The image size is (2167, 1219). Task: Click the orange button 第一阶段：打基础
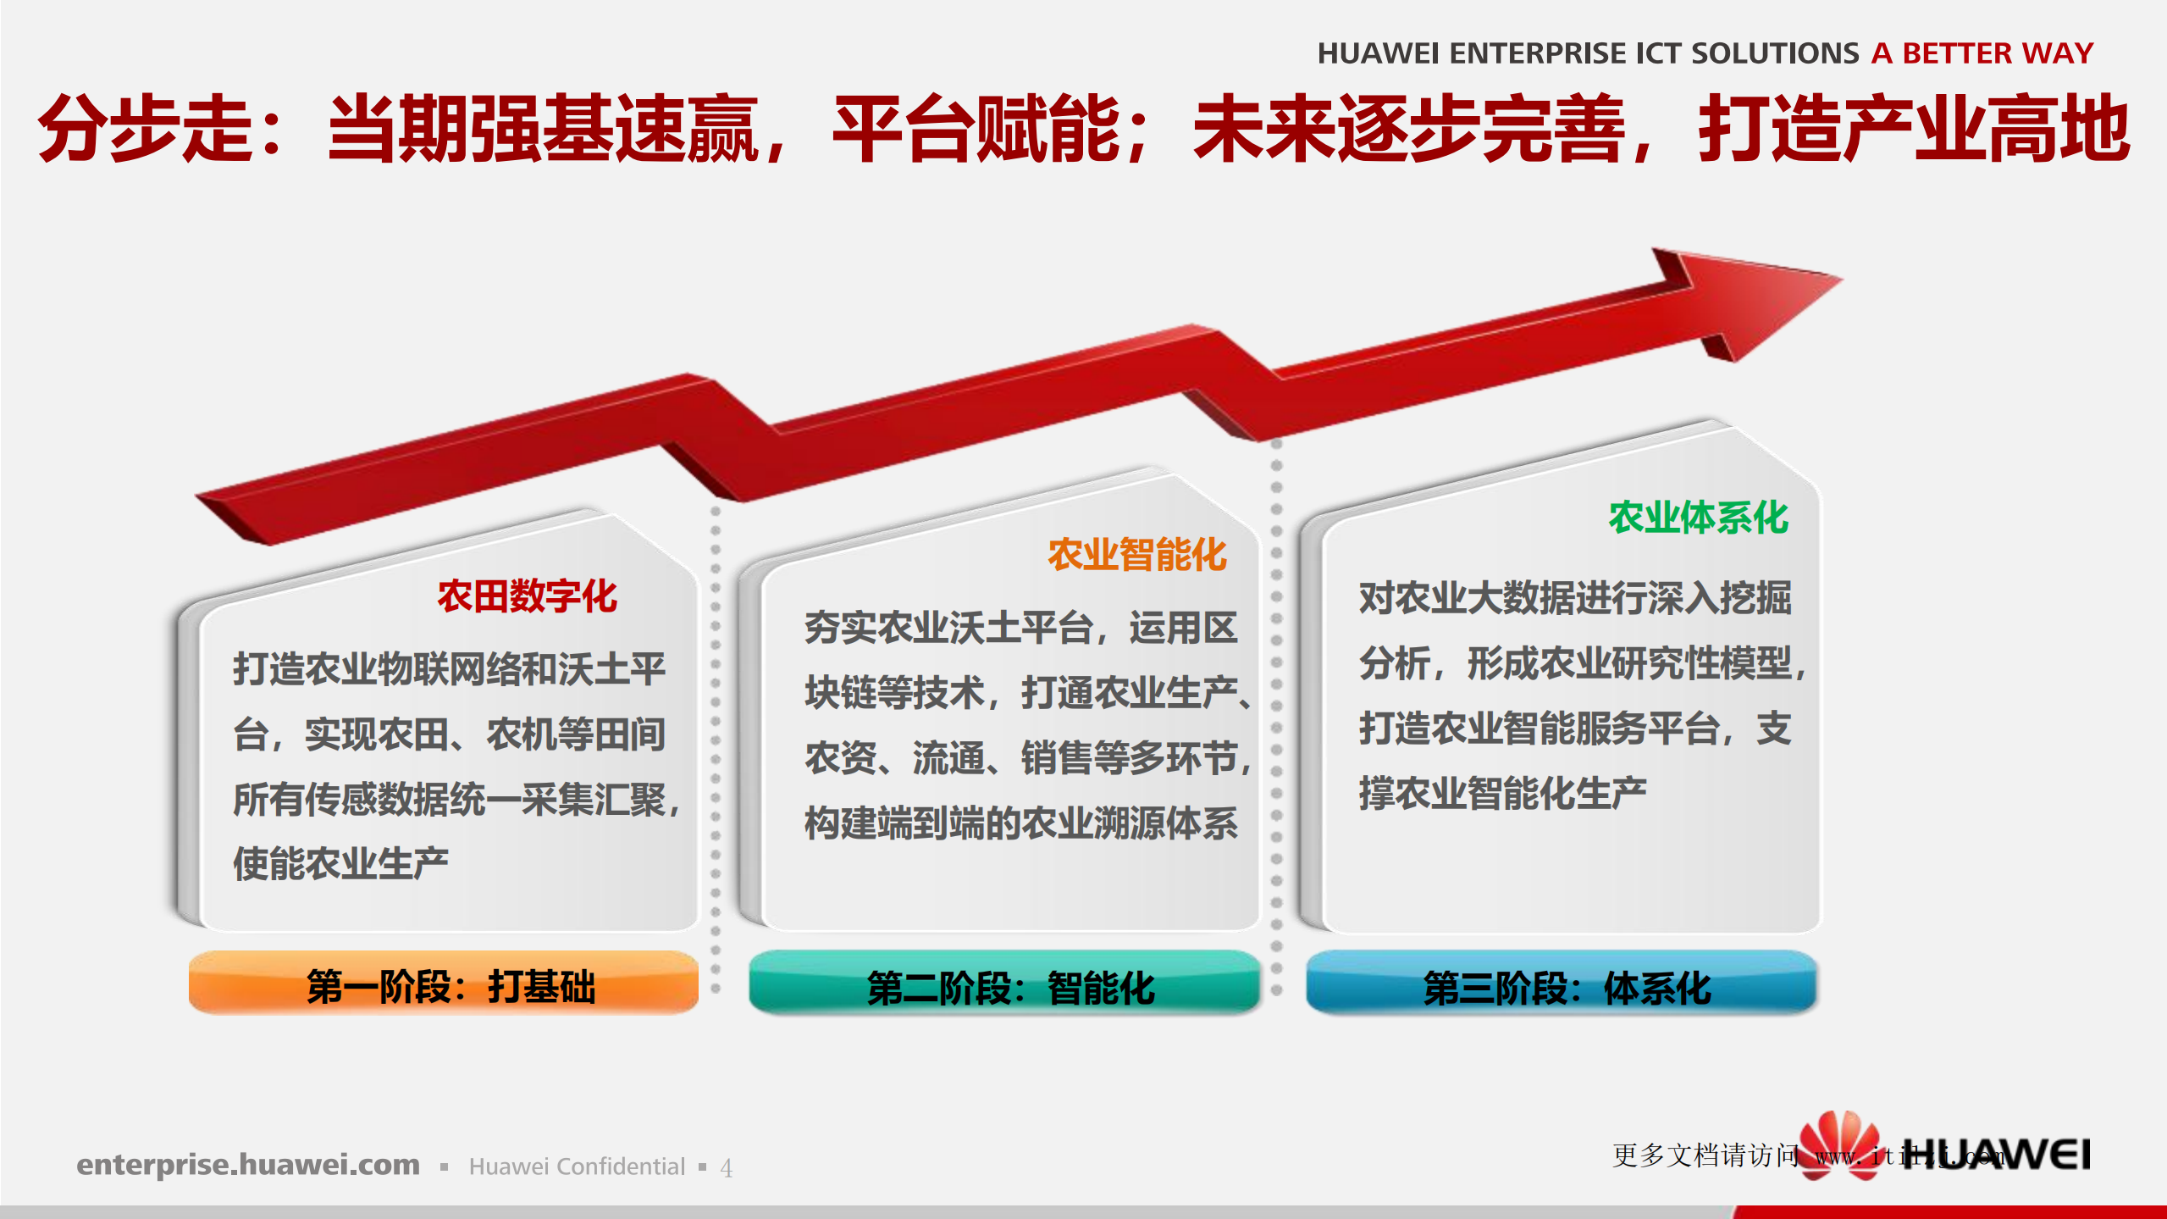(444, 985)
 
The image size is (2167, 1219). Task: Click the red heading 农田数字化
(527, 596)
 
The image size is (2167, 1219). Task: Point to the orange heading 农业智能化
(1136, 556)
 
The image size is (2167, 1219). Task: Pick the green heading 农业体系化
(1698, 518)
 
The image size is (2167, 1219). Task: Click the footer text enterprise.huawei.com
(248, 1165)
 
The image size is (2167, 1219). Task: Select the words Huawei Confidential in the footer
(577, 1166)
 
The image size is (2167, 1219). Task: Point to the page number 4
(726, 1168)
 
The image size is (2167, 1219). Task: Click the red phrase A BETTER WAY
(1982, 53)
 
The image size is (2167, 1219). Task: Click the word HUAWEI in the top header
(1378, 53)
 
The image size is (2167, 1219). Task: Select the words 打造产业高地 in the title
(1914, 129)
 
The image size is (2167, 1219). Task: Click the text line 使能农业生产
(340, 863)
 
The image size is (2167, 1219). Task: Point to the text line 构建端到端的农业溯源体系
(1020, 823)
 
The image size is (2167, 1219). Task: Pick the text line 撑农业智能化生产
(1502, 793)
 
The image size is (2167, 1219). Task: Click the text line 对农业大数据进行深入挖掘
(1575, 598)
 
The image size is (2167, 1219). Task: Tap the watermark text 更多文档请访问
(1704, 1155)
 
